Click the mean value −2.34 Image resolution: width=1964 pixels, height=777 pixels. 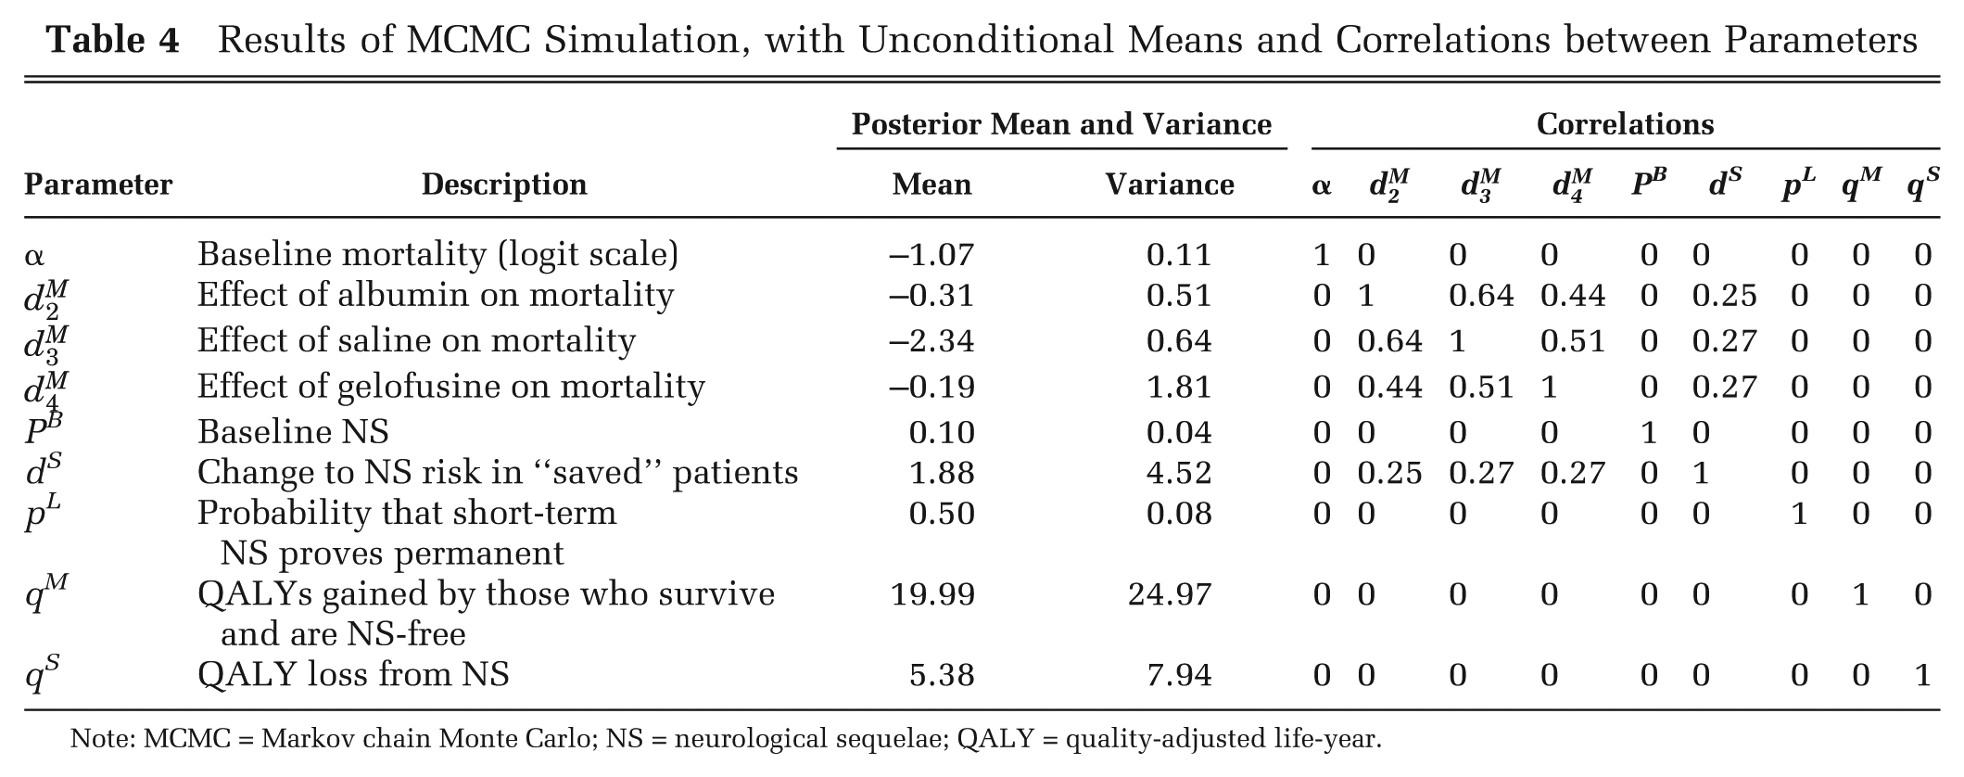click(x=931, y=341)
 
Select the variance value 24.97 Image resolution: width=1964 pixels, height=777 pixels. click(x=1170, y=594)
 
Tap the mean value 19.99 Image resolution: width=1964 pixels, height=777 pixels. click(x=932, y=594)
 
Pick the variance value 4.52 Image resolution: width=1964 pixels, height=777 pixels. click(x=1179, y=473)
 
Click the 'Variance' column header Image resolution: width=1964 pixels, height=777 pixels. click(x=1170, y=185)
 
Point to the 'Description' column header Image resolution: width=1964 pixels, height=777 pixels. click(x=504, y=185)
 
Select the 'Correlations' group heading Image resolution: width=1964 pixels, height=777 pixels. click(x=1625, y=124)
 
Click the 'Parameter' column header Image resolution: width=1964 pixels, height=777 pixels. click(x=98, y=185)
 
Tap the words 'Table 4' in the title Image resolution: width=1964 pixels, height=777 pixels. click(x=113, y=40)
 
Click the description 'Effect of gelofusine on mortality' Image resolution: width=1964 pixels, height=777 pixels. click(x=451, y=386)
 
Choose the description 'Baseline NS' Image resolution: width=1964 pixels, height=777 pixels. click(x=293, y=432)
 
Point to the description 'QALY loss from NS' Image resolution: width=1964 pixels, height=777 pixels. click(x=353, y=674)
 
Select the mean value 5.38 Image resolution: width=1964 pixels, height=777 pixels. click(x=942, y=675)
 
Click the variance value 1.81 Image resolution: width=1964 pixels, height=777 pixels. click(x=1179, y=386)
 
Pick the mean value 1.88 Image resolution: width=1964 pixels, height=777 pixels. click(x=942, y=473)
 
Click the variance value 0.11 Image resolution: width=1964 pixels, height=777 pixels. click(x=1179, y=255)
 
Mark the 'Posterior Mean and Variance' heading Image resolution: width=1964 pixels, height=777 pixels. click(x=1061, y=124)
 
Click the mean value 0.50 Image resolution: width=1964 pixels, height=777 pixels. click(x=942, y=514)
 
